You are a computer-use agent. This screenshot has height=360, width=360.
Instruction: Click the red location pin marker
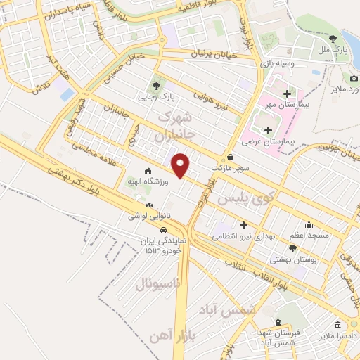pyautogui.click(x=182, y=165)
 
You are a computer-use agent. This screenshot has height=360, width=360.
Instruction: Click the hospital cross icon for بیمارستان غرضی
pyautogui.click(x=269, y=130)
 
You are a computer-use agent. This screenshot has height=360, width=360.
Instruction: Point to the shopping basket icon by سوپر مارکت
pyautogui.click(x=232, y=157)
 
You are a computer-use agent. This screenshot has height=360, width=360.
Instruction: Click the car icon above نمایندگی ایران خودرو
pyautogui.click(x=163, y=230)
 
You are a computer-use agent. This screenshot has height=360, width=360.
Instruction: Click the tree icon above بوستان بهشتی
pyautogui.click(x=293, y=248)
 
